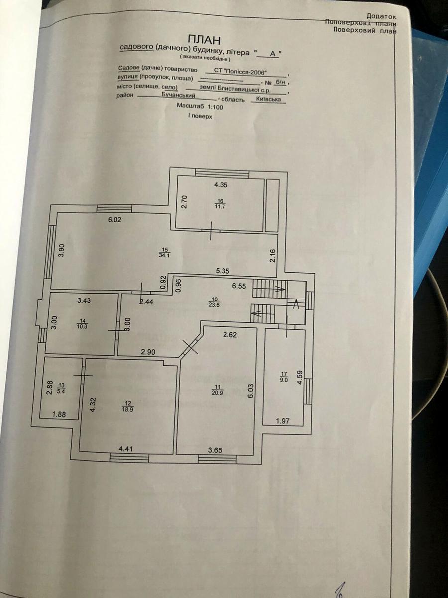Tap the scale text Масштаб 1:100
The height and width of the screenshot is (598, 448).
point(200,106)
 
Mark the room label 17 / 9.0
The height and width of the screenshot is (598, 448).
point(284,376)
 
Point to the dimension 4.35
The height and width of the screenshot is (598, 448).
point(221,185)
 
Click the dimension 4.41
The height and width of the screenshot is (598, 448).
point(126,449)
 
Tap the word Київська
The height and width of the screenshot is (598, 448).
point(269,99)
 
